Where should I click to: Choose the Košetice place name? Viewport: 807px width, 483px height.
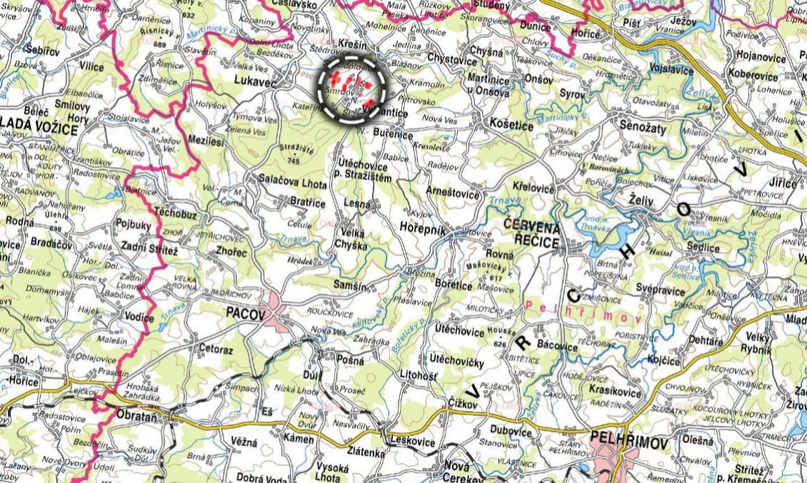(512, 125)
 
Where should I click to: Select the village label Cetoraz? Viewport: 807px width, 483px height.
(213, 349)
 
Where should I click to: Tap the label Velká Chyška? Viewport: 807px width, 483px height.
(350, 239)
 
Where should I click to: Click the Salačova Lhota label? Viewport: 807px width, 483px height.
(293, 185)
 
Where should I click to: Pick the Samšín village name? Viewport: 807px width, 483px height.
(350, 285)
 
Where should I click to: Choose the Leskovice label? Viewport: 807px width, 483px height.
(411, 442)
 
